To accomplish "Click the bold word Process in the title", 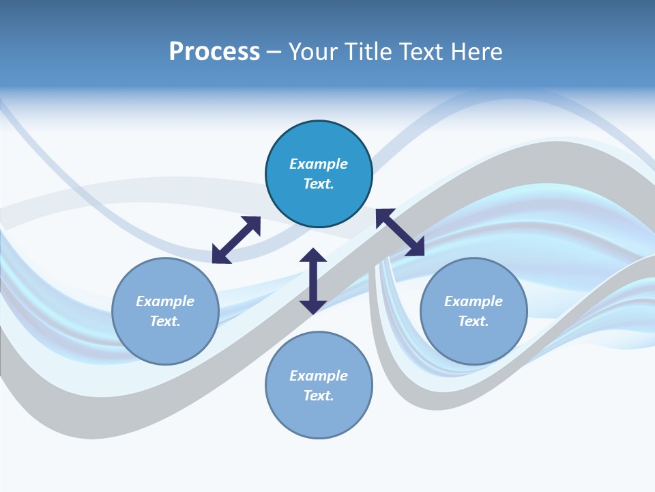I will point(214,52).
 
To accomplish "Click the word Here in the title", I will point(480,52).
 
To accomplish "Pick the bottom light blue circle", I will point(319,420).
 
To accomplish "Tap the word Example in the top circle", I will point(319,164).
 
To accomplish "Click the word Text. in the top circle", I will point(319,184).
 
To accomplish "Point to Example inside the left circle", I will point(165,301).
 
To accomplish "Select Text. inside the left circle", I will point(165,321).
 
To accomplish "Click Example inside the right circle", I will point(474,301).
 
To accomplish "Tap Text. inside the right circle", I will point(474,321).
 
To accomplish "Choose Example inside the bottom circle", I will point(319,376).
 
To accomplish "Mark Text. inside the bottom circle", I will point(319,396).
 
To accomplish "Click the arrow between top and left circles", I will point(236,240).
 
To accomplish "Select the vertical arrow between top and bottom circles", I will point(313,281).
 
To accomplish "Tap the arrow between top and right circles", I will point(400,232).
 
